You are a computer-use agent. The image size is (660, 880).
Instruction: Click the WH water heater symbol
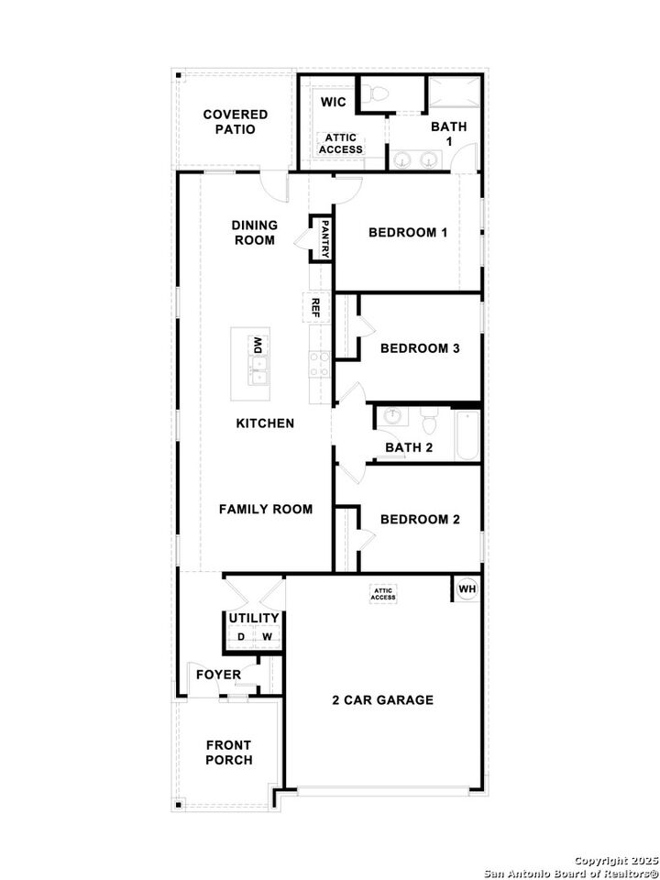coord(467,588)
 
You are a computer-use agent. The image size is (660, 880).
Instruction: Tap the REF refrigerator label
coord(314,306)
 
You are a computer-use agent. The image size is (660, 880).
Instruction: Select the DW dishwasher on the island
coord(258,346)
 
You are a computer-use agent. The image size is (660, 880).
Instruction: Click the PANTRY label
coord(324,238)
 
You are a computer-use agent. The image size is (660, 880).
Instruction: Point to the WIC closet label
coord(333,101)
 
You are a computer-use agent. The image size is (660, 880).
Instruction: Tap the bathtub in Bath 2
coord(466,435)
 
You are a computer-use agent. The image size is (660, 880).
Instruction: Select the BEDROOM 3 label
coord(420,348)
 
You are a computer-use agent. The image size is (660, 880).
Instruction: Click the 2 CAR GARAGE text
coord(382,700)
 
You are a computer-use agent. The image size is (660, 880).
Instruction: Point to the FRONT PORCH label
coord(229,753)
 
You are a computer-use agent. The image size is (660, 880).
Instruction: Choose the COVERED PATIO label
coord(236,122)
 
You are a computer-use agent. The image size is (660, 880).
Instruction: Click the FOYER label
coord(219,676)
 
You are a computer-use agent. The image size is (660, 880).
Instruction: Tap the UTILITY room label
coord(254,619)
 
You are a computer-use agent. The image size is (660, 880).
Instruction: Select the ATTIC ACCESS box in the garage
coord(383,594)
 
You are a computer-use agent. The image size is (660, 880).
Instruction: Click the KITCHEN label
coord(265,423)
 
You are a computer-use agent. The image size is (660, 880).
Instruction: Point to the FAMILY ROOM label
coord(266,509)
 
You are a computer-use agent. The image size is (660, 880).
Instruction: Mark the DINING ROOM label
coord(253,233)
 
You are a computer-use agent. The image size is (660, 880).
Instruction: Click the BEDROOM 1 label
coord(408,232)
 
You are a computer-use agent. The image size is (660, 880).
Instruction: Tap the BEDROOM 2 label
coord(420,520)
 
